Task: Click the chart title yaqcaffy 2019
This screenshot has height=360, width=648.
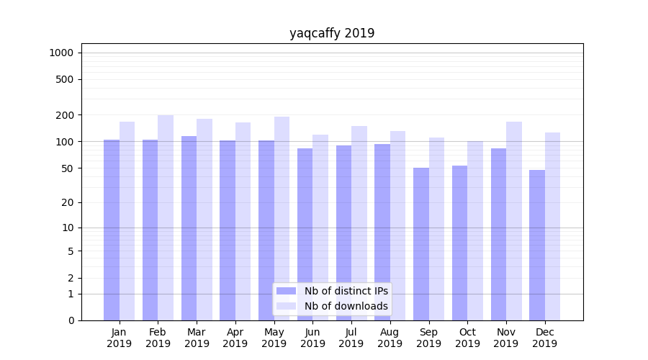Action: pos(332,33)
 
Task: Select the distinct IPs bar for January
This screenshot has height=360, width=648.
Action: pos(112,230)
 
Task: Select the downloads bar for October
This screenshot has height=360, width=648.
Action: pos(475,230)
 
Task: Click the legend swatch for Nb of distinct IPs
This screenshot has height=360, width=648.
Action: pos(286,291)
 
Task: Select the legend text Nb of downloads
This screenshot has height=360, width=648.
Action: pos(346,306)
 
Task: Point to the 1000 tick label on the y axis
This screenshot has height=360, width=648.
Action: pos(61,53)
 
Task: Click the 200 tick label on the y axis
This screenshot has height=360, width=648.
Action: pos(64,115)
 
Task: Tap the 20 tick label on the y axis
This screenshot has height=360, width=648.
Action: pos(67,202)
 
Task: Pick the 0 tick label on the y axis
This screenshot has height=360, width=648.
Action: pos(71,320)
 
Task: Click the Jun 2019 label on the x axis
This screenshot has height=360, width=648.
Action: pos(312,338)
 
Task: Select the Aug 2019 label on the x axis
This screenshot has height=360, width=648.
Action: pos(390,338)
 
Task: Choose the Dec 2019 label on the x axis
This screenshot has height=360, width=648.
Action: pos(544,338)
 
